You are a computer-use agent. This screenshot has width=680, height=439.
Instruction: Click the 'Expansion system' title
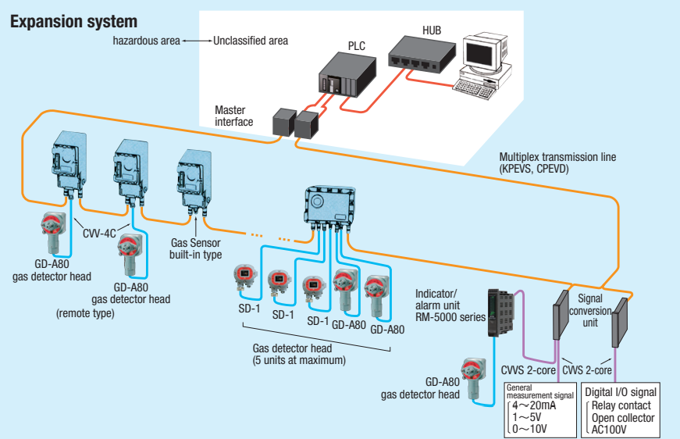[73, 21]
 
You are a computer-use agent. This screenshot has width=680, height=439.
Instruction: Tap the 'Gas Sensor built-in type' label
[196, 249]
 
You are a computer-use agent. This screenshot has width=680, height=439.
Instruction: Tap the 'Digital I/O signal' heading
[622, 391]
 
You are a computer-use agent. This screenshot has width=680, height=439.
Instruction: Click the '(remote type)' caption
[85, 313]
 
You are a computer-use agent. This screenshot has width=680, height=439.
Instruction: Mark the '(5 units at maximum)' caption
[298, 360]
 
